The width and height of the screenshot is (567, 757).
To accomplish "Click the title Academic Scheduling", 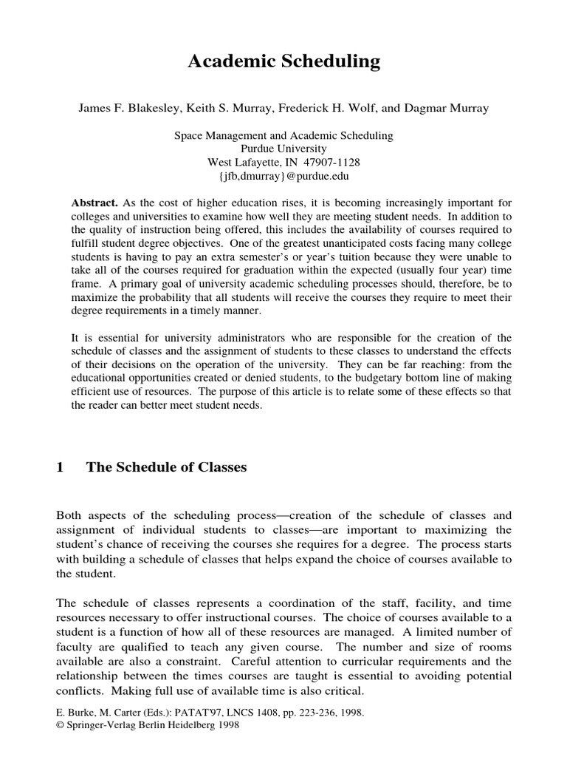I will [283, 63].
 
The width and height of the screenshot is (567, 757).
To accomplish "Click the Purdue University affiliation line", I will [283, 149].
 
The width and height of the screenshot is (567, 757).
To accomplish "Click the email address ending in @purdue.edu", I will [283, 176].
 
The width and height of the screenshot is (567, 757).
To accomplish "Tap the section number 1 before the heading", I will [60, 466].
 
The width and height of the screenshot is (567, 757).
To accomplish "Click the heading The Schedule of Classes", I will [166, 466].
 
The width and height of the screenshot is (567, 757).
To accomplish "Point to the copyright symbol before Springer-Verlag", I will [60, 726].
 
